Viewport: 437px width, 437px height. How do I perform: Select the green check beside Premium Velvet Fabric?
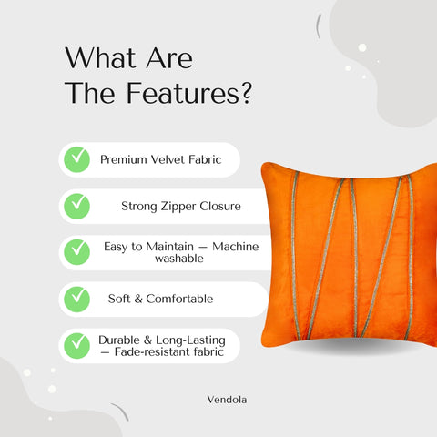(76, 159)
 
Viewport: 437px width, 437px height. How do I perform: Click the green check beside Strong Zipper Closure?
(76, 205)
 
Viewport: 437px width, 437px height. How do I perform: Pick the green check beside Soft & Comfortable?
(76, 298)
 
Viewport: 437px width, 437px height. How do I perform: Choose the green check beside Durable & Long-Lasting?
(76, 345)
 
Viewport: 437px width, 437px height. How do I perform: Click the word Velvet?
(171, 159)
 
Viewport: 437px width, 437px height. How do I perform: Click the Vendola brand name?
(225, 398)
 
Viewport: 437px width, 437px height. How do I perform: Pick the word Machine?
(229, 246)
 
